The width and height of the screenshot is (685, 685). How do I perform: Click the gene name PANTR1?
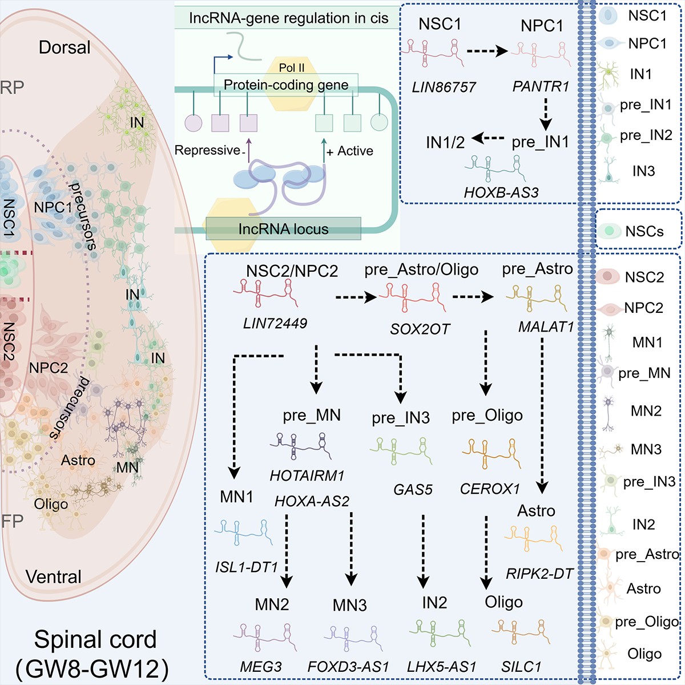(x=541, y=86)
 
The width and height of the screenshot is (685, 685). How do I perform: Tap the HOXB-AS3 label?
(x=501, y=192)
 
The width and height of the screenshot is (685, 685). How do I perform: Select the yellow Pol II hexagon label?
(x=292, y=67)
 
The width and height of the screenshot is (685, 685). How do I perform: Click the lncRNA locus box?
(x=283, y=228)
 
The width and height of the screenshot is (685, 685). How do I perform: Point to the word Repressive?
(x=207, y=150)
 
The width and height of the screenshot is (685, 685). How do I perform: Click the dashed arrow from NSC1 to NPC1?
(x=487, y=51)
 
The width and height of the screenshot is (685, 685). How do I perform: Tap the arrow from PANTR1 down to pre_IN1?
(x=546, y=114)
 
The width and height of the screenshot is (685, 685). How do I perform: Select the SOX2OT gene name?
(x=420, y=329)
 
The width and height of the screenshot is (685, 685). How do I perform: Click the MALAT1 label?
(x=546, y=327)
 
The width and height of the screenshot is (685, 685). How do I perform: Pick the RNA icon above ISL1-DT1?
(x=244, y=532)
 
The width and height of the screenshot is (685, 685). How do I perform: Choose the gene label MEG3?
(x=261, y=667)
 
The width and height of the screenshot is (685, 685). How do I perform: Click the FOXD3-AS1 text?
(x=348, y=667)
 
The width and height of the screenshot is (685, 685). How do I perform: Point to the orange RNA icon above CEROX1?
(x=491, y=453)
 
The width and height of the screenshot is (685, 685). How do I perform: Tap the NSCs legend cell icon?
(x=609, y=231)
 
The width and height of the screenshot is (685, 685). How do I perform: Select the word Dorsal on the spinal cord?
(x=65, y=47)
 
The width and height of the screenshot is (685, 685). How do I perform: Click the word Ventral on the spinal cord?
(x=53, y=577)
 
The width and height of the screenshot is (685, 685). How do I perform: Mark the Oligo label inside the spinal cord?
(x=51, y=503)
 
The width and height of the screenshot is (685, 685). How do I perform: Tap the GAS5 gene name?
(x=413, y=490)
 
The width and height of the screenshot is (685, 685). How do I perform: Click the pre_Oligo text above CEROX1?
(x=487, y=416)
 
